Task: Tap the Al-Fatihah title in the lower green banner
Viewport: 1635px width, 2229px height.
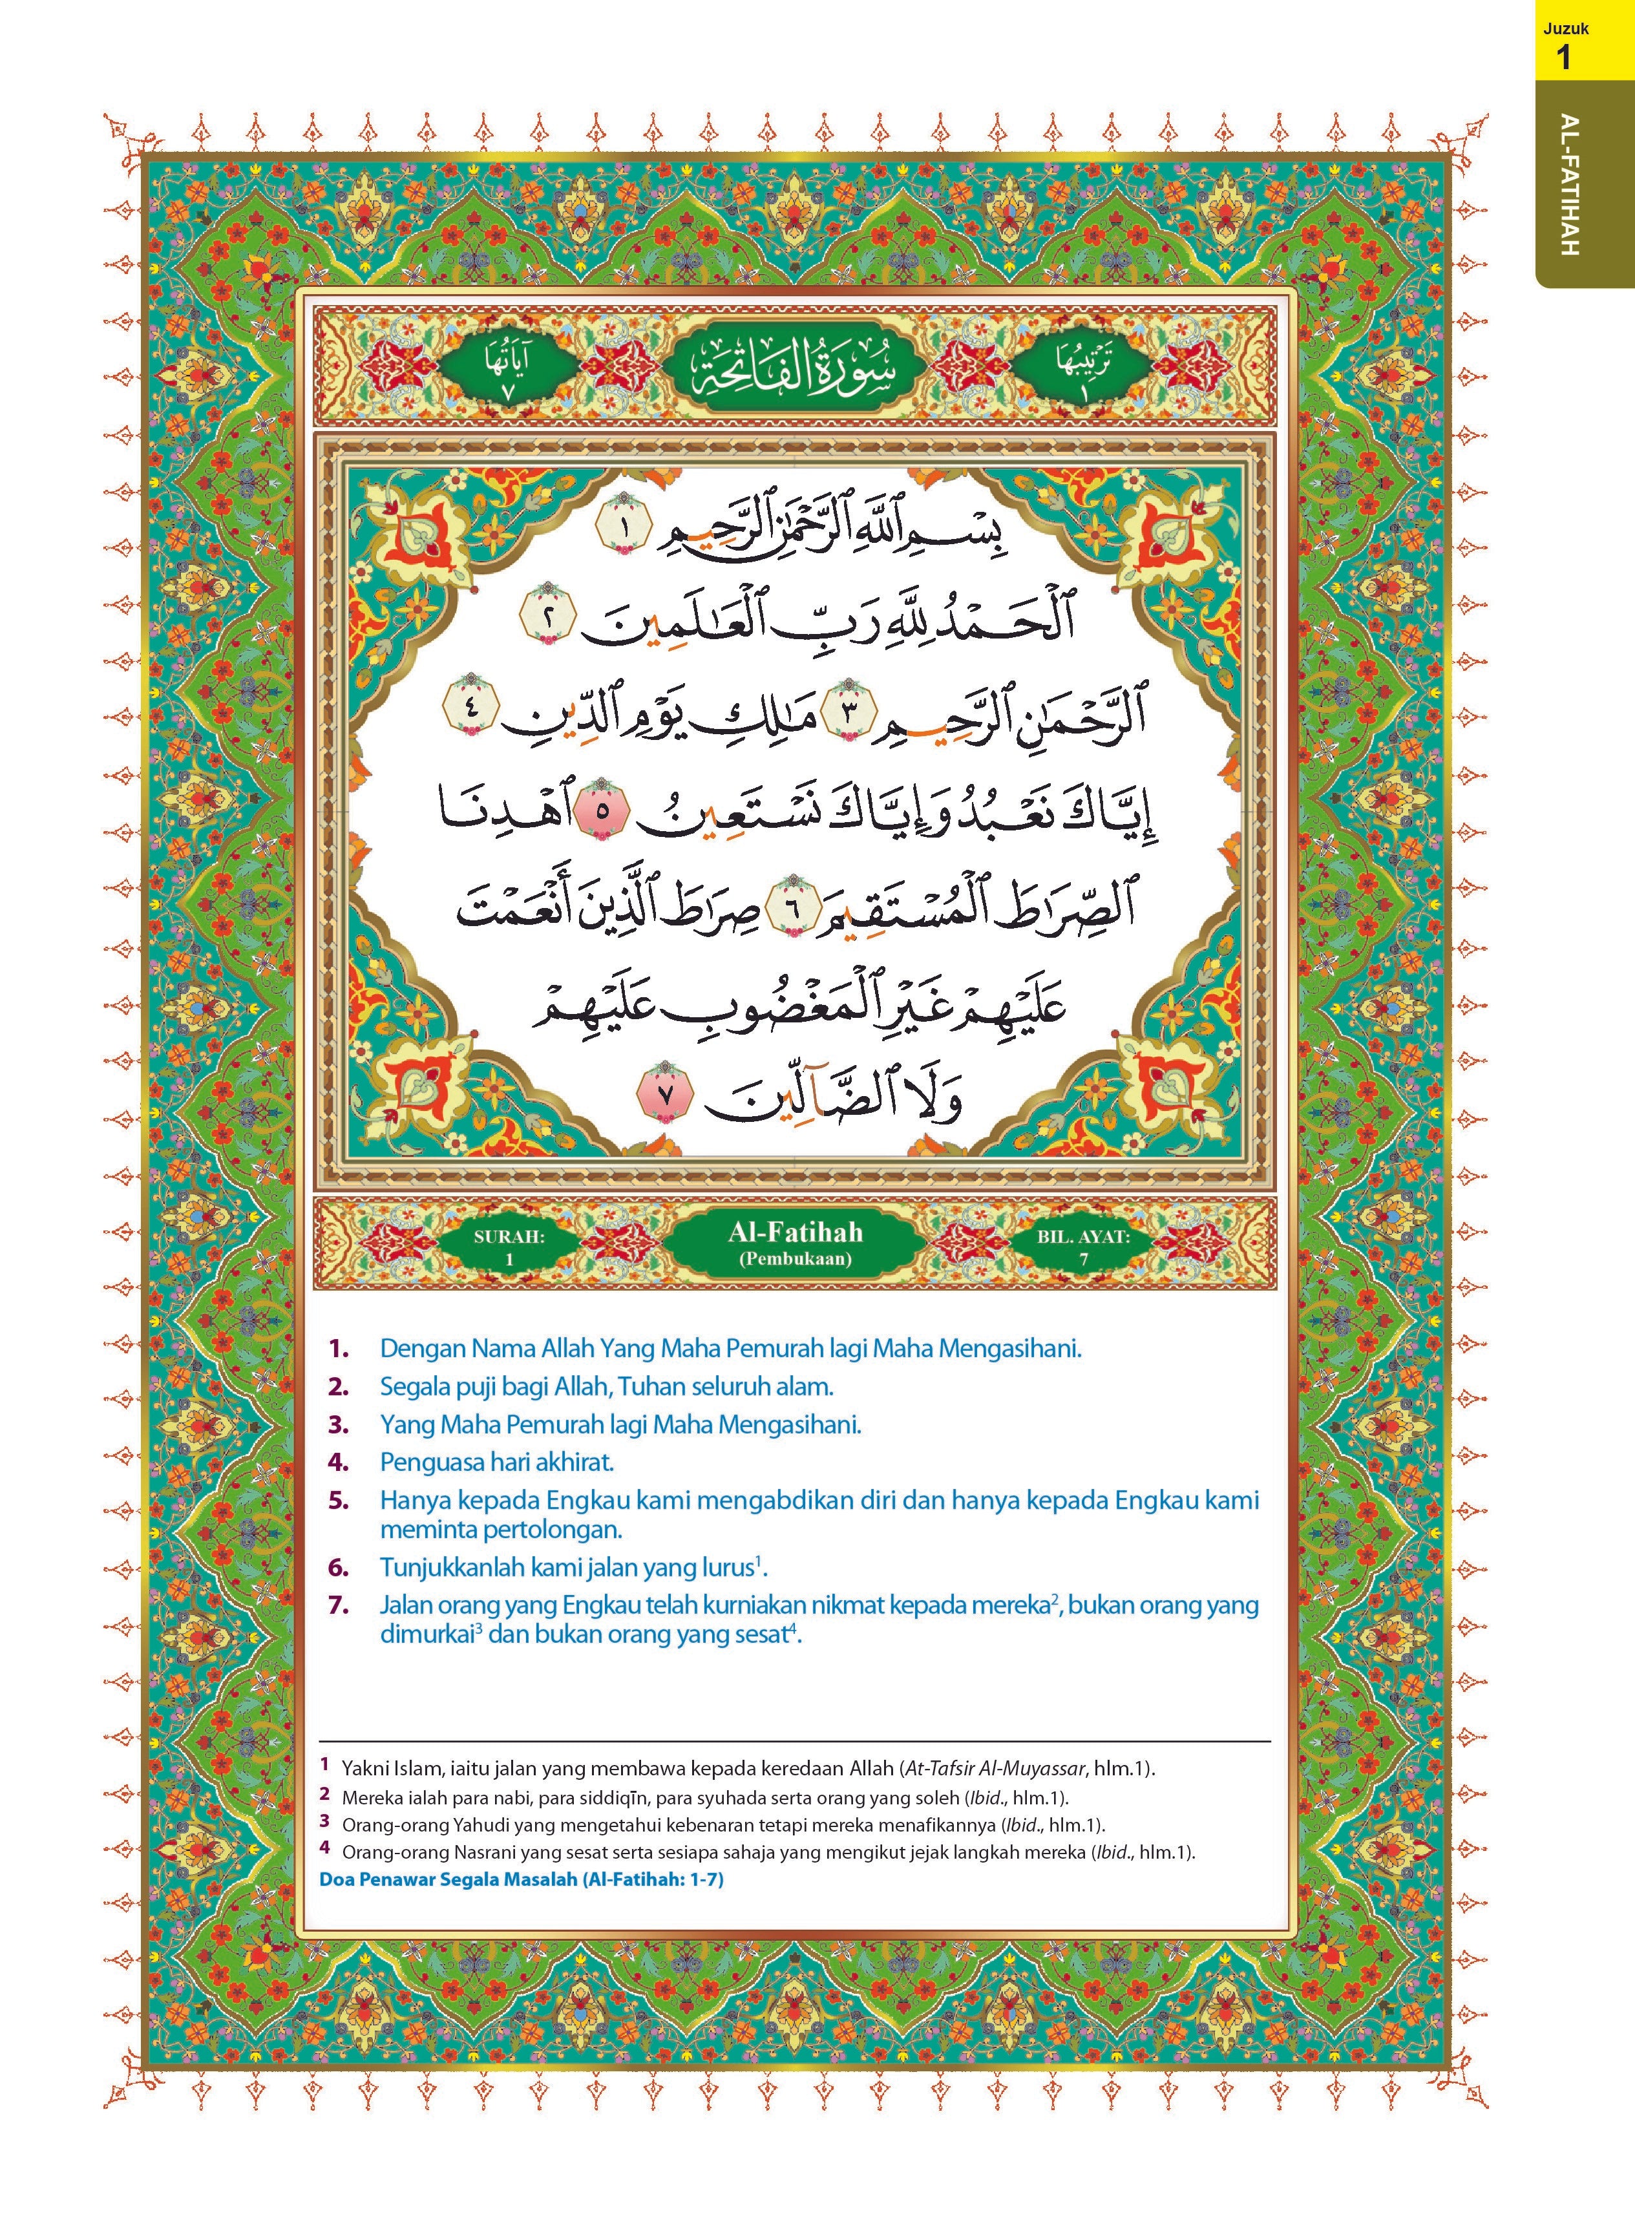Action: (x=795, y=1232)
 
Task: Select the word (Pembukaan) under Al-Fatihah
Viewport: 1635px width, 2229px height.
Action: (x=795, y=1260)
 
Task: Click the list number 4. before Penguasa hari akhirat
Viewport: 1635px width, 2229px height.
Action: (x=339, y=1462)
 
